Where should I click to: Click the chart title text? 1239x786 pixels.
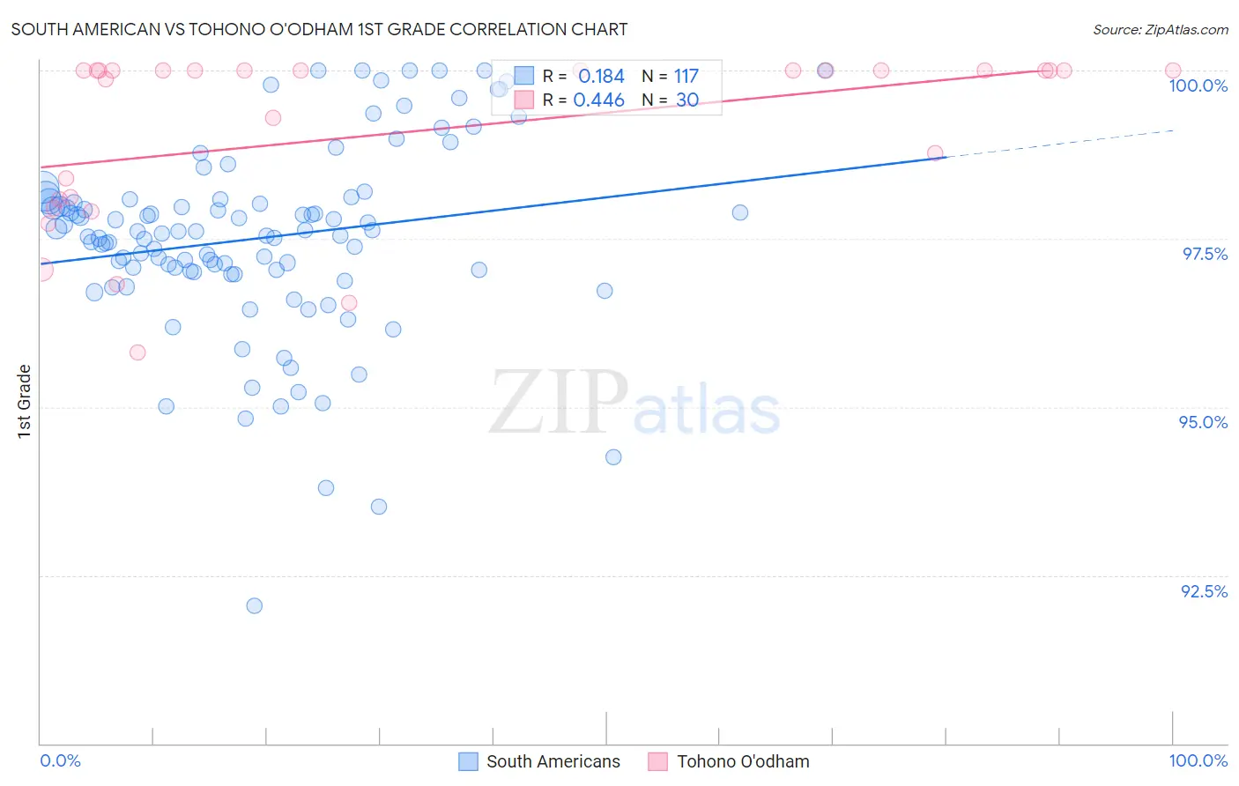(x=319, y=29)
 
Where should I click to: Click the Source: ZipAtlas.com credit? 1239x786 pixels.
(x=1160, y=29)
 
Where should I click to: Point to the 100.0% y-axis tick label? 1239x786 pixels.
(x=1198, y=85)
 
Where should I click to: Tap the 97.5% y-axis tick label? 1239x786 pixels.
(x=1204, y=254)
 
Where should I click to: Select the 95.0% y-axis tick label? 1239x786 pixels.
(x=1203, y=422)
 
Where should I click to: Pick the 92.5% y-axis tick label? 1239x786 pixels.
(x=1204, y=591)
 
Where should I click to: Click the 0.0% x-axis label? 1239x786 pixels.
(x=60, y=760)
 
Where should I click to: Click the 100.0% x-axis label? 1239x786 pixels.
(x=1198, y=760)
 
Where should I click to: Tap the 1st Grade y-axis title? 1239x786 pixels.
(x=25, y=401)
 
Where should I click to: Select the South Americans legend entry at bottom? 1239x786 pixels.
(x=539, y=761)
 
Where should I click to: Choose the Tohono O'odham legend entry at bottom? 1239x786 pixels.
(x=729, y=761)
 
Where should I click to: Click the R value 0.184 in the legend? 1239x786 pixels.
(x=601, y=77)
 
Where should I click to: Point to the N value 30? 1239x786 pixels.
(x=687, y=100)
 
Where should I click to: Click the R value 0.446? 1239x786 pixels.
(x=598, y=100)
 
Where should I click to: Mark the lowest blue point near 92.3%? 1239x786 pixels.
(x=255, y=605)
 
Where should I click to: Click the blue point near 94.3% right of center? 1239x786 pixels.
(x=613, y=457)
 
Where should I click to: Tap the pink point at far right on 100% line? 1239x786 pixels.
(x=1173, y=70)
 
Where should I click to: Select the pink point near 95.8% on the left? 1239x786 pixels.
(x=137, y=352)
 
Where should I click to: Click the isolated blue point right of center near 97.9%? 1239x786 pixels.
(x=740, y=212)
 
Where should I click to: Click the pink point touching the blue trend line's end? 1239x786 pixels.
(x=935, y=153)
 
